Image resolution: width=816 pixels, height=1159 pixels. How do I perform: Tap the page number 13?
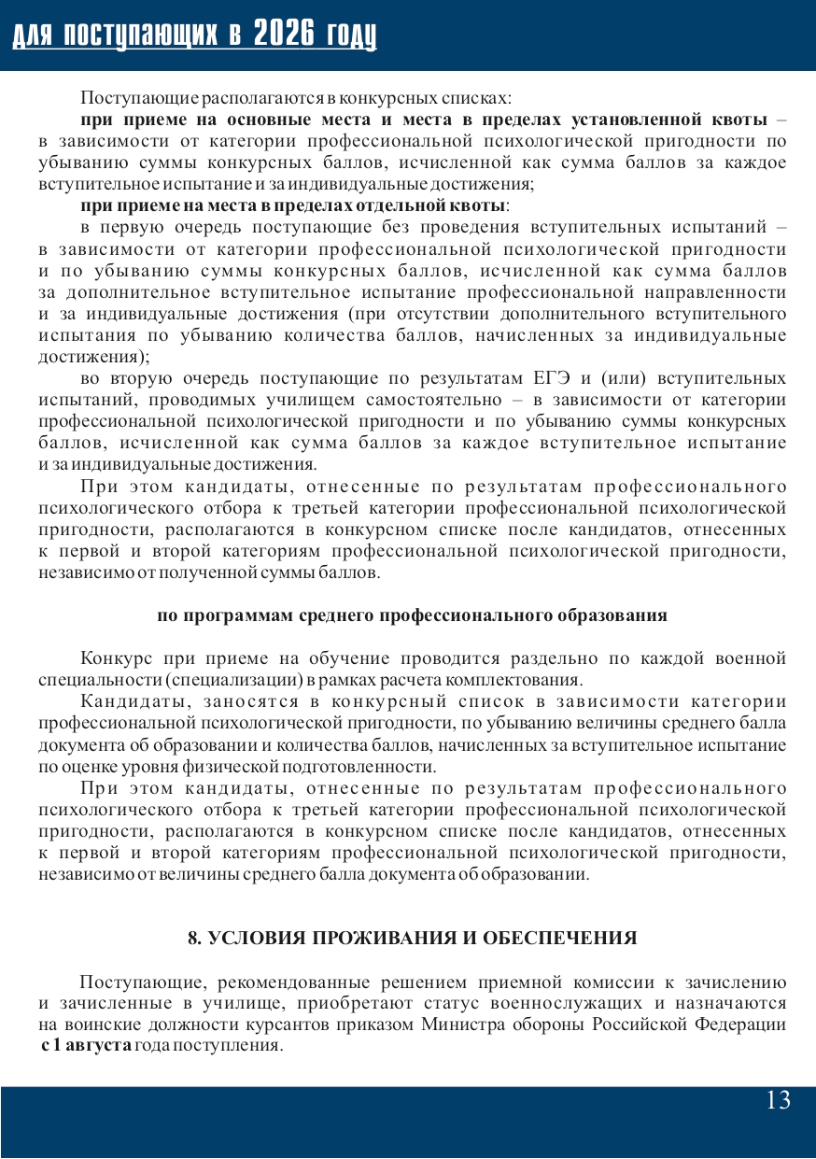[x=778, y=1100]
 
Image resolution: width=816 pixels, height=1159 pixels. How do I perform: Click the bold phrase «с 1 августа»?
[x=86, y=1045]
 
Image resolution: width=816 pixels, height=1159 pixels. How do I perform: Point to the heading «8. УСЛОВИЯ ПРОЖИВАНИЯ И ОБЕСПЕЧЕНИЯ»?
[x=413, y=939]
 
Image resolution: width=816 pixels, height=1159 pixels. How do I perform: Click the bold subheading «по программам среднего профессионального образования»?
[x=412, y=615]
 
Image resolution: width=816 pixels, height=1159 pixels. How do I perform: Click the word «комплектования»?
[x=530, y=679]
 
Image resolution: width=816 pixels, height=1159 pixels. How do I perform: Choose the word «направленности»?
[x=718, y=292]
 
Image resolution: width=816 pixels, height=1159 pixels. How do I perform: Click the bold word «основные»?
[x=243, y=120]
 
